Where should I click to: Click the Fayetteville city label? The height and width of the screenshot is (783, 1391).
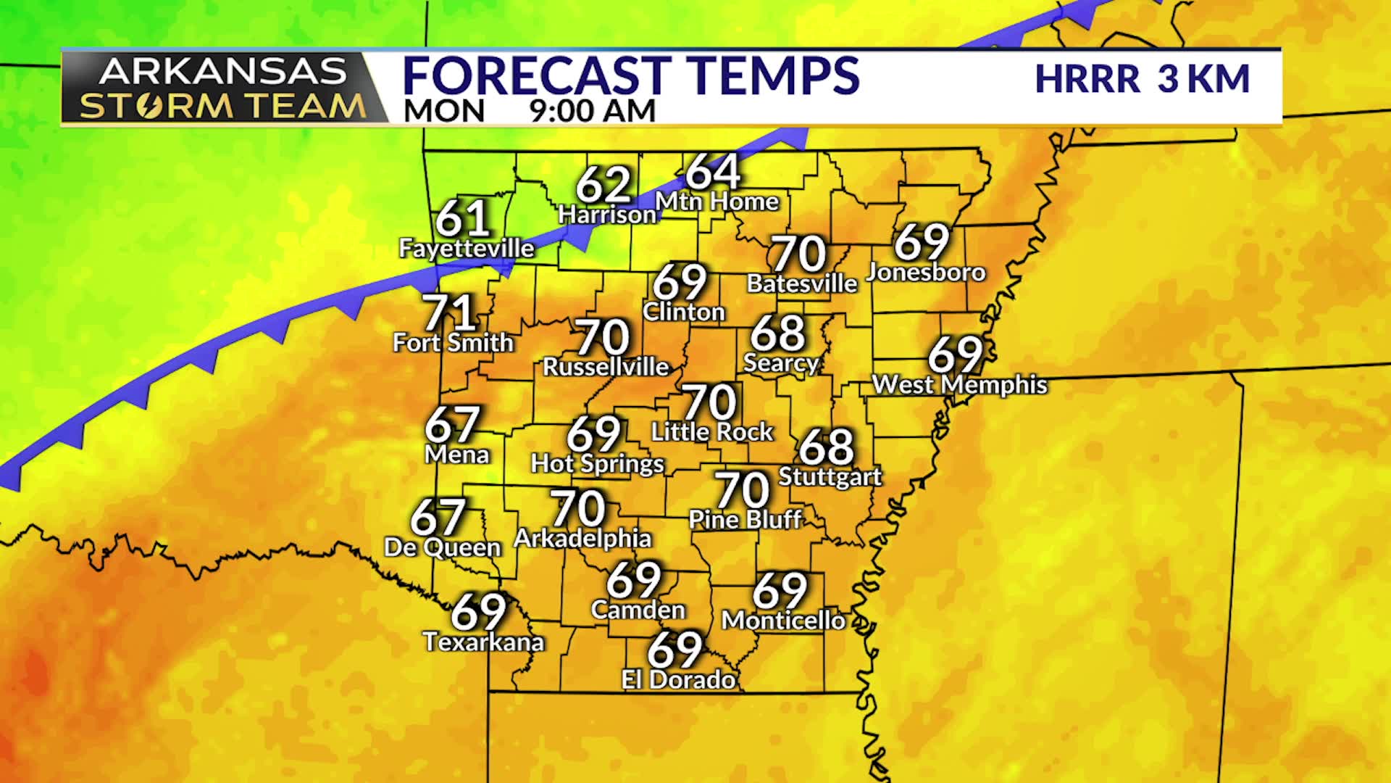[x=467, y=249]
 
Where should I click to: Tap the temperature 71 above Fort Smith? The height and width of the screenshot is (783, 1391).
[x=449, y=313]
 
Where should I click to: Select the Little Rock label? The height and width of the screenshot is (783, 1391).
[x=712, y=432]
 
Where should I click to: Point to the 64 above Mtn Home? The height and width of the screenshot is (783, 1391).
[x=713, y=172]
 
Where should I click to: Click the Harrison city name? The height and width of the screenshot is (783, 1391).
[x=607, y=215]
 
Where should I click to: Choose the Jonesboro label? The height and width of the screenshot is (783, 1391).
[x=926, y=272]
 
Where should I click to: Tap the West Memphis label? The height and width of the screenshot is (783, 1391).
[x=959, y=384]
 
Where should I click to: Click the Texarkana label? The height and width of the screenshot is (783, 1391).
[x=483, y=642]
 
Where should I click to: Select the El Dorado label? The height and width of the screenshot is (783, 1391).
[x=679, y=679]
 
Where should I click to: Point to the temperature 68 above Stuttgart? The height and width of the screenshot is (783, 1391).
[x=827, y=446]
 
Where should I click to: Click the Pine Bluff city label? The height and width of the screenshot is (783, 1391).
[x=745, y=519]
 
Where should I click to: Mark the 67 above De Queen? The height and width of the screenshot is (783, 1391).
[x=438, y=516]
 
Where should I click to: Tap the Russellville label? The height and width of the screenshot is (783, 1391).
[x=606, y=367]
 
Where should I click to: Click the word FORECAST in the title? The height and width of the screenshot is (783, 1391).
[x=537, y=76]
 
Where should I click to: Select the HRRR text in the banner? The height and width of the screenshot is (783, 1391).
[x=1087, y=79]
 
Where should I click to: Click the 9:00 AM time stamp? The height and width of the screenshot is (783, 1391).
[x=592, y=111]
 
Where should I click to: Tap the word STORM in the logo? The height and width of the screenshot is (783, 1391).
[x=154, y=107]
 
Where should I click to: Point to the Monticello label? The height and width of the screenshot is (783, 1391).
[x=783, y=621]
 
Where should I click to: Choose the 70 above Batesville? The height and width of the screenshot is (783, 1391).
[x=798, y=254]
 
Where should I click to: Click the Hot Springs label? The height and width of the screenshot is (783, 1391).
[x=597, y=463]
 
